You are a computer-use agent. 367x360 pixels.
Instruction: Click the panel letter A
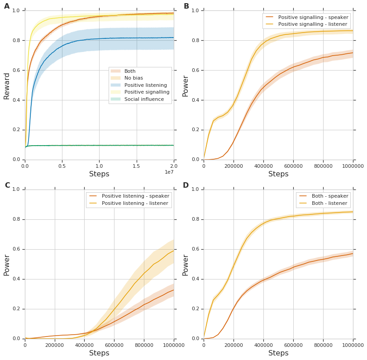point(7,6)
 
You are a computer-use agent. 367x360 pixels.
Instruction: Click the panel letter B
point(186,6)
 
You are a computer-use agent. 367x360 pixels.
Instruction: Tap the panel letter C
point(7,185)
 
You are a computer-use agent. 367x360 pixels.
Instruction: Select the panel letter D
point(186,185)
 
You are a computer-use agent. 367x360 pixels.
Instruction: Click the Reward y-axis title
point(7,85)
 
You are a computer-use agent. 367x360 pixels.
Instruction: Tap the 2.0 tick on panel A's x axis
point(174,166)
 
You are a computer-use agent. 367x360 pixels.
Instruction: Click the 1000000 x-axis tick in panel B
point(353,166)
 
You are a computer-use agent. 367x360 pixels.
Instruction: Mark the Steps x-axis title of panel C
point(99,353)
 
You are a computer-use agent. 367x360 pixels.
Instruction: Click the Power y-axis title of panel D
point(186,265)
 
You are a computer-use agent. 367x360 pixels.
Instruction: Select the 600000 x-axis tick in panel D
point(293,345)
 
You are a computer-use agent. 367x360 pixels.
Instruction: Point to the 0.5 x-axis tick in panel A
point(62,166)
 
